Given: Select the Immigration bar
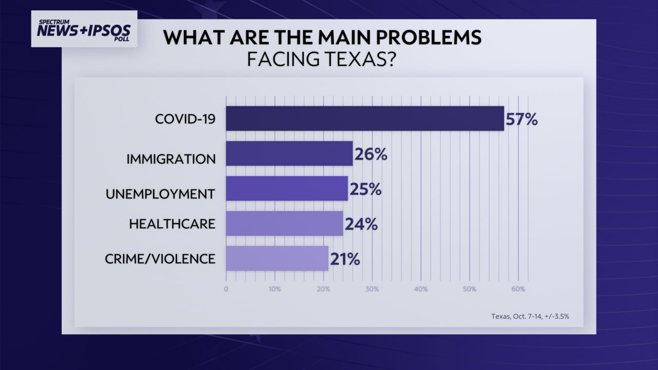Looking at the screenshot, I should [289, 154].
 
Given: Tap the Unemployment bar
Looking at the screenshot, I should [287, 189].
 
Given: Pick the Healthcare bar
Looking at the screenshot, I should [284, 224].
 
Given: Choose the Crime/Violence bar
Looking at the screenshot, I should [277, 258].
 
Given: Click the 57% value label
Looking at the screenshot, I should [521, 119].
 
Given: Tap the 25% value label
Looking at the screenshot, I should [365, 189].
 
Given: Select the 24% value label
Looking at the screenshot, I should [361, 224].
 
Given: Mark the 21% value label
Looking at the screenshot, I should [344, 259].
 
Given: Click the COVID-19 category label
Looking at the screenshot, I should [185, 119].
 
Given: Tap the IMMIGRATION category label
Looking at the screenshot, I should [171, 159].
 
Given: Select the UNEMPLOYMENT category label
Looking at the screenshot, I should [160, 194].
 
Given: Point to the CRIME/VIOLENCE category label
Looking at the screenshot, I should [160, 258].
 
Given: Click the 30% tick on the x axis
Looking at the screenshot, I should [372, 289].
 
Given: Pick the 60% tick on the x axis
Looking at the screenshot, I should [518, 289].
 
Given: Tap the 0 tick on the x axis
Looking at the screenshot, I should [226, 289].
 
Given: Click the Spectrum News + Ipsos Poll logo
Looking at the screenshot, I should [84, 29].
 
